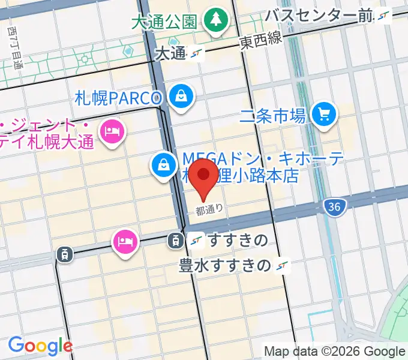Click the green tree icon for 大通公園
[214, 21]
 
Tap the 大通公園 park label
[164, 23]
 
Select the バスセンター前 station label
[319, 16]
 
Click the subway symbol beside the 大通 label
[196, 53]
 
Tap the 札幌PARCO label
[119, 97]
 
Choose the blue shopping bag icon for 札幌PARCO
[179, 96]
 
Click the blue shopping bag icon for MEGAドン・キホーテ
[163, 164]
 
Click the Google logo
[40, 346]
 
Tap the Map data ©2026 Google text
[334, 351]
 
